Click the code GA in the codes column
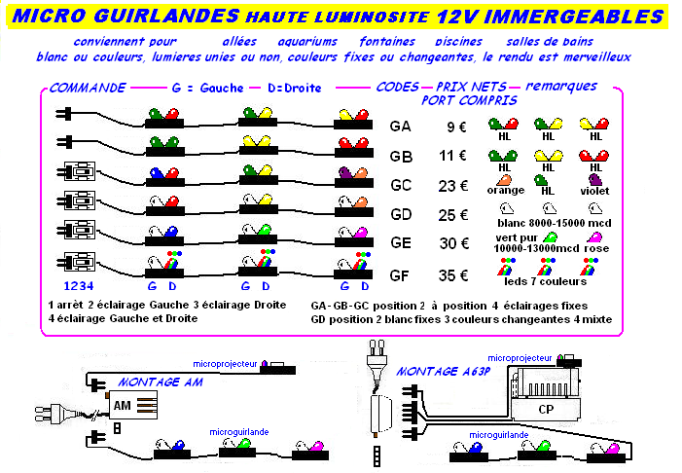(400, 127)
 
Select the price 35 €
(453, 275)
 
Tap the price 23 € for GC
(452, 186)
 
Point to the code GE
(401, 242)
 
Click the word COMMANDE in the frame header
(88, 88)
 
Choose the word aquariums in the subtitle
(307, 42)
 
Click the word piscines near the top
(459, 42)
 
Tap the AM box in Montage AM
(132, 405)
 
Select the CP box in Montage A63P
(546, 409)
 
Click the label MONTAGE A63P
(444, 372)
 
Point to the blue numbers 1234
(78, 286)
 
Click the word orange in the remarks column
(505, 190)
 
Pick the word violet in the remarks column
(594, 191)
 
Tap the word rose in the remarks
(596, 248)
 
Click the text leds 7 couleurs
(546, 281)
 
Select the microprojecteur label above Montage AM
(225, 364)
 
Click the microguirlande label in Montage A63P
(499, 435)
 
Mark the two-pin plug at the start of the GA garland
(63, 114)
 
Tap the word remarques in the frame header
(561, 87)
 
